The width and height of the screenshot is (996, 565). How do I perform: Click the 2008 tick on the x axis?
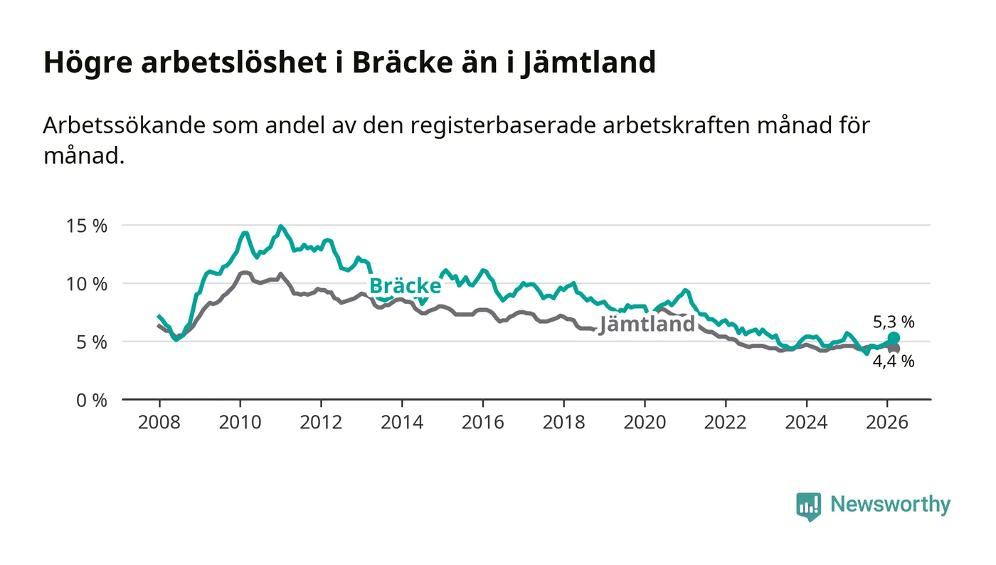coord(159,422)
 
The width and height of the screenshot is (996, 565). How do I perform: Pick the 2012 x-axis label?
coord(321,422)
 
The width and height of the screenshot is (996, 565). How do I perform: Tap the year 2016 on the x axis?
coord(482,422)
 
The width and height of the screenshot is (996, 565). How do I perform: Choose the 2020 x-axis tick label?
coord(645,422)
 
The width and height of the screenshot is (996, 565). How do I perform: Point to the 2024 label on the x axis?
coord(806,422)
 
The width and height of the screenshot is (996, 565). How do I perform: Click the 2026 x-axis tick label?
coord(887,422)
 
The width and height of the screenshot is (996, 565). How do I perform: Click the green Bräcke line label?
coord(406,286)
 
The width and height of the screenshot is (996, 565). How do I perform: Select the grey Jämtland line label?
coord(647,324)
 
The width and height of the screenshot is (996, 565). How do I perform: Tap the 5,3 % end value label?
coord(894,322)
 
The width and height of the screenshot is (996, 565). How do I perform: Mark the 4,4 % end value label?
coord(894,361)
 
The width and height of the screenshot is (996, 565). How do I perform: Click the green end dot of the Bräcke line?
coord(894,338)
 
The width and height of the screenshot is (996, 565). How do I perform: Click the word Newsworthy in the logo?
coord(890,505)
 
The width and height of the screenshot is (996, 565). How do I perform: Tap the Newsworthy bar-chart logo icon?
coord(808,506)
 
